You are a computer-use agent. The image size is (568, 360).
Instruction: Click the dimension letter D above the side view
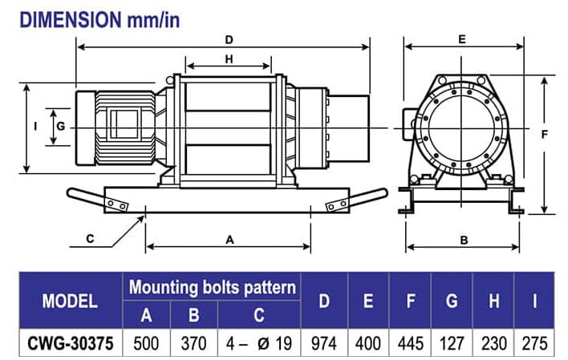click(x=229, y=39)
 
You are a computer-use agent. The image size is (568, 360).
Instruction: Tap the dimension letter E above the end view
click(x=462, y=38)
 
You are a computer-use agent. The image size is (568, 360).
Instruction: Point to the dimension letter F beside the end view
click(x=544, y=135)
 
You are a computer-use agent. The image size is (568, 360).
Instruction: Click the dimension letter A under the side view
click(x=229, y=239)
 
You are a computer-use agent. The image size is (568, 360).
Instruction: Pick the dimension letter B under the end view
click(x=464, y=239)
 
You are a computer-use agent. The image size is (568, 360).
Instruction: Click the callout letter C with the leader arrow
click(x=90, y=238)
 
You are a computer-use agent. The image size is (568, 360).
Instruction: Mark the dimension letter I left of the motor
click(x=35, y=127)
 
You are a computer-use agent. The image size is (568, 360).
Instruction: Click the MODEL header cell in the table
click(x=70, y=301)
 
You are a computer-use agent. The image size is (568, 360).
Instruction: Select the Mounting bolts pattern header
click(x=213, y=287)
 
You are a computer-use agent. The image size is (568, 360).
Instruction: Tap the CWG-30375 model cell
click(x=70, y=342)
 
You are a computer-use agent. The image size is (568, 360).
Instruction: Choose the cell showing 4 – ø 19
click(x=259, y=342)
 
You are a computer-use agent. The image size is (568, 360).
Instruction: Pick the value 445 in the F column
click(x=410, y=342)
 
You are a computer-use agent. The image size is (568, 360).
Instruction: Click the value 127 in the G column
click(x=452, y=342)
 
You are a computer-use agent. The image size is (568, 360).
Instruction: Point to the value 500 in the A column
click(x=145, y=342)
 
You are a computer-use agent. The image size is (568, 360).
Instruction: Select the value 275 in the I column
click(x=534, y=342)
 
